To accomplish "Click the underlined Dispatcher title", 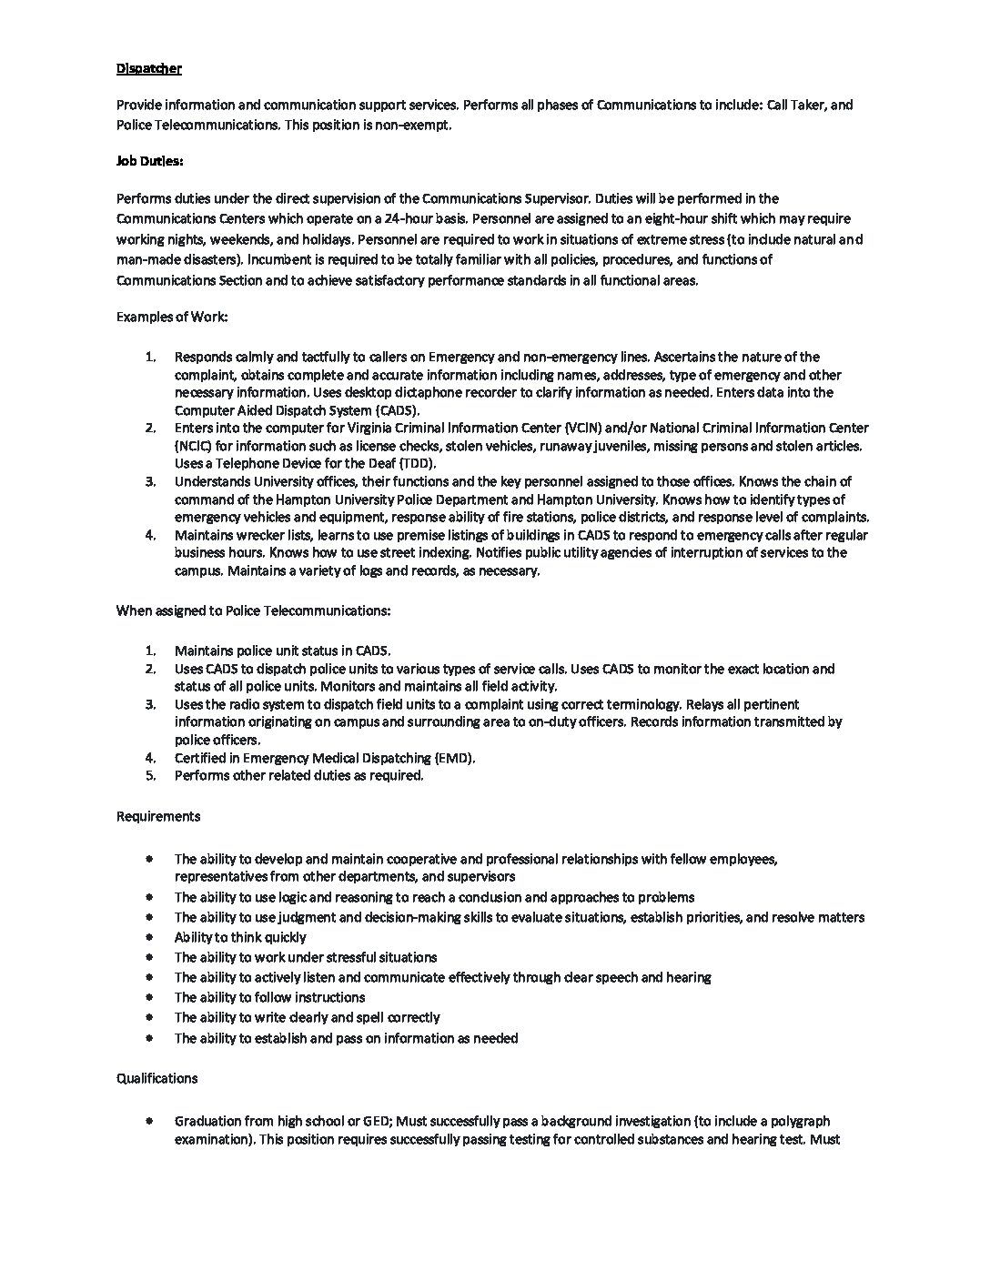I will pyautogui.click(x=149, y=68).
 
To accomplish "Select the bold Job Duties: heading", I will pyautogui.click(x=150, y=161).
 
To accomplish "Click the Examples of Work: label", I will pyautogui.click(x=172, y=317).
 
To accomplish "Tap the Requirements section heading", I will pyautogui.click(x=158, y=816).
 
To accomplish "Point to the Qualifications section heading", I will pyautogui.click(x=157, y=1078).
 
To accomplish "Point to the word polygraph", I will pyautogui.click(x=801, y=1121).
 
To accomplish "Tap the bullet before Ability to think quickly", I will pyautogui.click(x=149, y=937).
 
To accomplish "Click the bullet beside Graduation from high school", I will pyautogui.click(x=149, y=1121).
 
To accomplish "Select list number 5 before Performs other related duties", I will pyautogui.click(x=151, y=776).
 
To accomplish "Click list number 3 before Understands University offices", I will pyautogui.click(x=151, y=481).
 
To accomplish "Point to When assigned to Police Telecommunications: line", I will pyautogui.click(x=253, y=610).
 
